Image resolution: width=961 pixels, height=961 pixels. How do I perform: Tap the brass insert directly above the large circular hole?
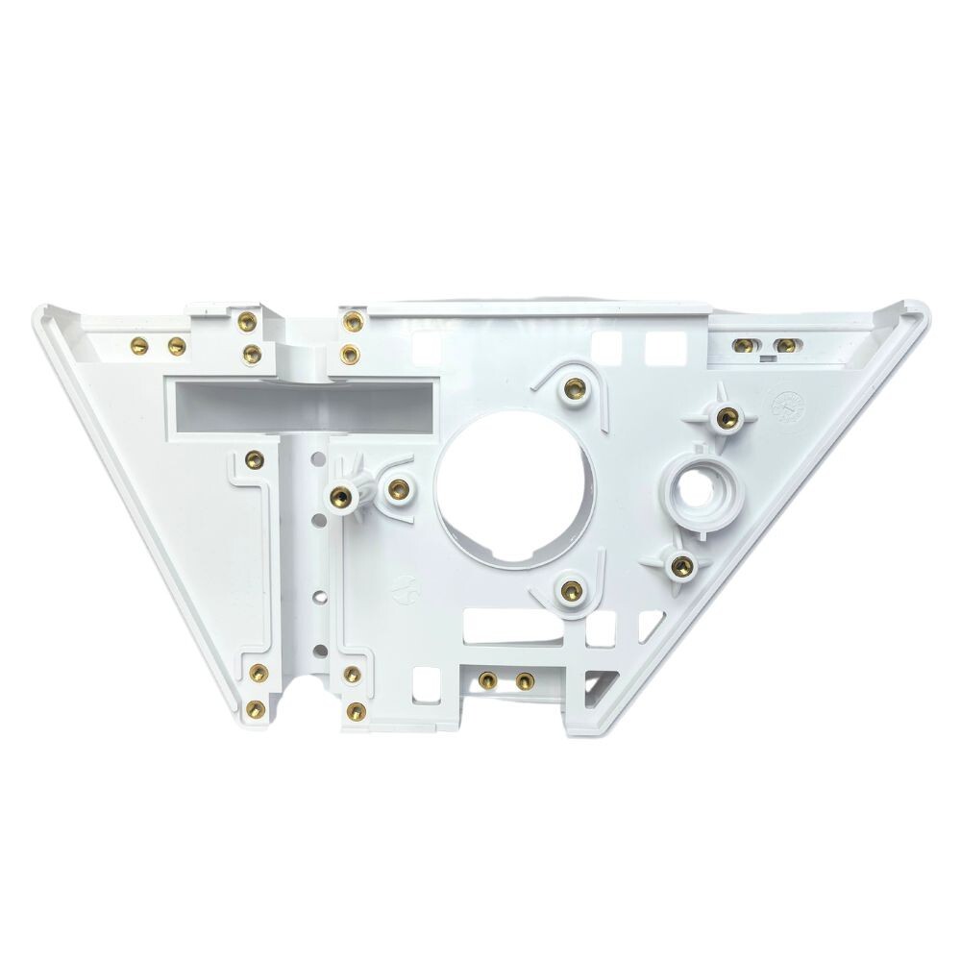coord(574,388)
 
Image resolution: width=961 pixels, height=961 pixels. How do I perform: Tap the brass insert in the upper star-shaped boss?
coord(727,416)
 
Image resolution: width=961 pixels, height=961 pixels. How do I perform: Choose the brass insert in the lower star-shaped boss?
coord(681,564)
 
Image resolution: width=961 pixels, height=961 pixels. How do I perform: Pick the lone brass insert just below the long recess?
coord(253,458)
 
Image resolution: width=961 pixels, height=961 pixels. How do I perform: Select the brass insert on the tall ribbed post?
coord(339,497)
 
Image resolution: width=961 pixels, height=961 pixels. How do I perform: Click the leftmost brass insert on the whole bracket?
coord(138,344)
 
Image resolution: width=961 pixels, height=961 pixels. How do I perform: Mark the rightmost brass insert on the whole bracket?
coord(785,345)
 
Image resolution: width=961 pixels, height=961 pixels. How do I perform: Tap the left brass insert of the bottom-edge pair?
coord(487,680)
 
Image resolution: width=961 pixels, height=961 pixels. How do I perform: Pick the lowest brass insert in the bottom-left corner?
coord(255,709)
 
